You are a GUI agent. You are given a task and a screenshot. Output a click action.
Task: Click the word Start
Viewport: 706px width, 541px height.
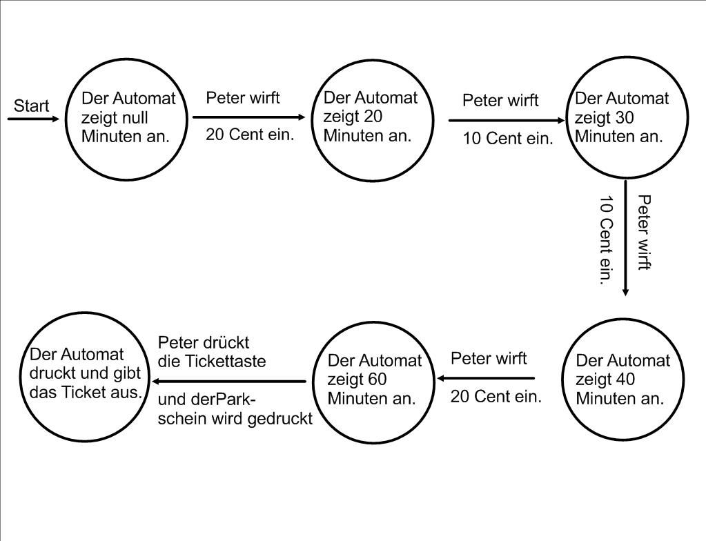pos(32,106)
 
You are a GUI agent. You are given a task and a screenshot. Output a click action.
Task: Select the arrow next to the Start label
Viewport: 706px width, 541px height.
pos(34,119)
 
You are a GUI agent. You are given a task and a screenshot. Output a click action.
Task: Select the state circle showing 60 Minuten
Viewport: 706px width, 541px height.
pos(373,382)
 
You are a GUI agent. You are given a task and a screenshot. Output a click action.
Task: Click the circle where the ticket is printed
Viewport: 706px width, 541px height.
pos(85,377)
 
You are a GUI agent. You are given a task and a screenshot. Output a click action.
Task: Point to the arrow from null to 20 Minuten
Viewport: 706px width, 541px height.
pos(248,117)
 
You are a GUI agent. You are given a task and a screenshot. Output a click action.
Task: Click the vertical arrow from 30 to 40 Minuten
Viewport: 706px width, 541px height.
pos(625,238)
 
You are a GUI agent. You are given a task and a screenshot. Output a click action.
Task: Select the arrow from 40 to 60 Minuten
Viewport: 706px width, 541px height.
pos(486,378)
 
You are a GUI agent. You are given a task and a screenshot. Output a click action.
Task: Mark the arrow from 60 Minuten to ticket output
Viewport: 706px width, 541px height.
pos(229,381)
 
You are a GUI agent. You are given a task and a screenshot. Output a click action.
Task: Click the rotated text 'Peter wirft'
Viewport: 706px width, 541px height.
pos(644,232)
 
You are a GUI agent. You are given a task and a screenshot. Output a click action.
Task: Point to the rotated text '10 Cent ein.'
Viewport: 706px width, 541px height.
pos(606,240)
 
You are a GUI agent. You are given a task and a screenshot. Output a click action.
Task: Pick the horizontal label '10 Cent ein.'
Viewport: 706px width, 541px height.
pos(508,138)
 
